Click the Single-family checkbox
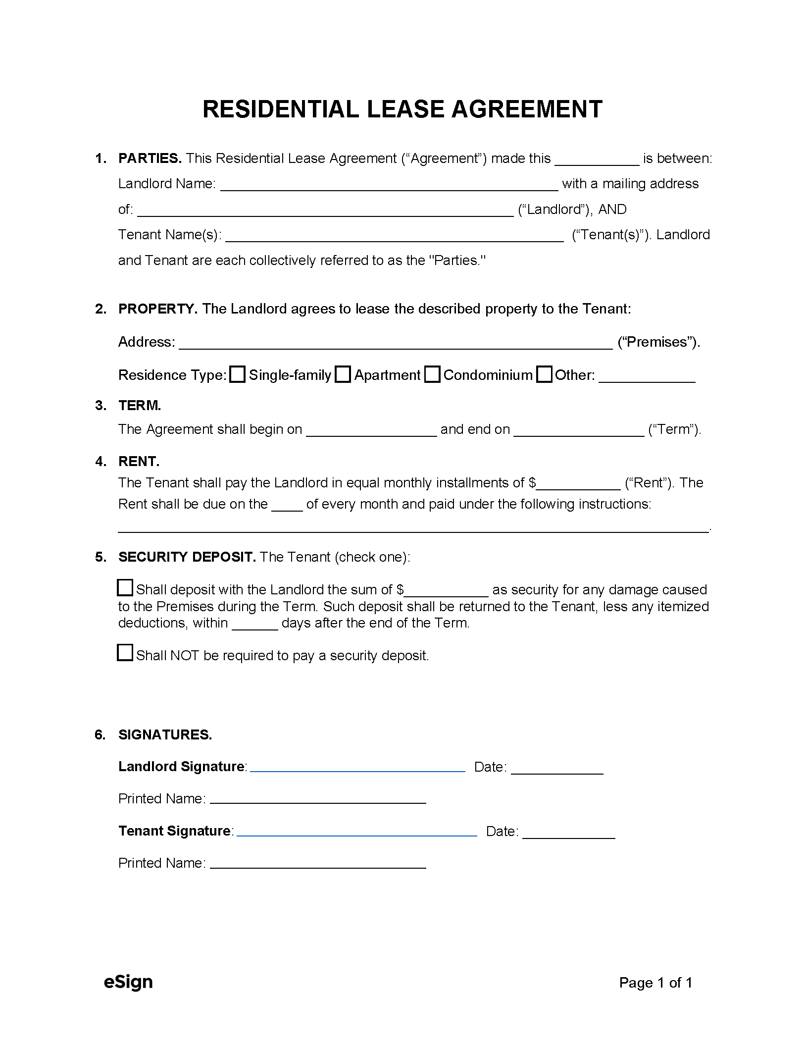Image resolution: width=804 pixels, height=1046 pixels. (x=238, y=374)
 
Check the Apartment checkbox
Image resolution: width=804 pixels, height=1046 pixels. (x=343, y=374)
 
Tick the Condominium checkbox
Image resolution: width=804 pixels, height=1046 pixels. (x=432, y=374)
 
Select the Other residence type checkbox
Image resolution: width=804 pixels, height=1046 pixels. (x=544, y=374)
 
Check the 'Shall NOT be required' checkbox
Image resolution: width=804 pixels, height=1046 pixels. (x=125, y=652)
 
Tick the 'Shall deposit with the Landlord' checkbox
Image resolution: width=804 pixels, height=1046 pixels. (x=125, y=587)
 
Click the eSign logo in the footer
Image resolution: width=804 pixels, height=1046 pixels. (x=128, y=982)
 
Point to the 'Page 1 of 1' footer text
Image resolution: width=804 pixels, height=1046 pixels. (x=655, y=983)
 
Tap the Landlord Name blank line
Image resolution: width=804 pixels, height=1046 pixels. (x=389, y=186)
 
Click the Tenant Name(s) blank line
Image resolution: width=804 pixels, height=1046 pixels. (x=394, y=237)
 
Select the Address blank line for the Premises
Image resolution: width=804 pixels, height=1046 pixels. (x=396, y=344)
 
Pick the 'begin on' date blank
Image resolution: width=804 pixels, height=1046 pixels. (x=371, y=431)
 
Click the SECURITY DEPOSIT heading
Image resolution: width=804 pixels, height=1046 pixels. (x=187, y=557)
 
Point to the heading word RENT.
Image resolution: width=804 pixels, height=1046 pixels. (x=139, y=461)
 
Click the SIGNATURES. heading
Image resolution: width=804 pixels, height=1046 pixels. (x=165, y=734)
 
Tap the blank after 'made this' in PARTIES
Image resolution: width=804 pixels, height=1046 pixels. (x=597, y=160)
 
